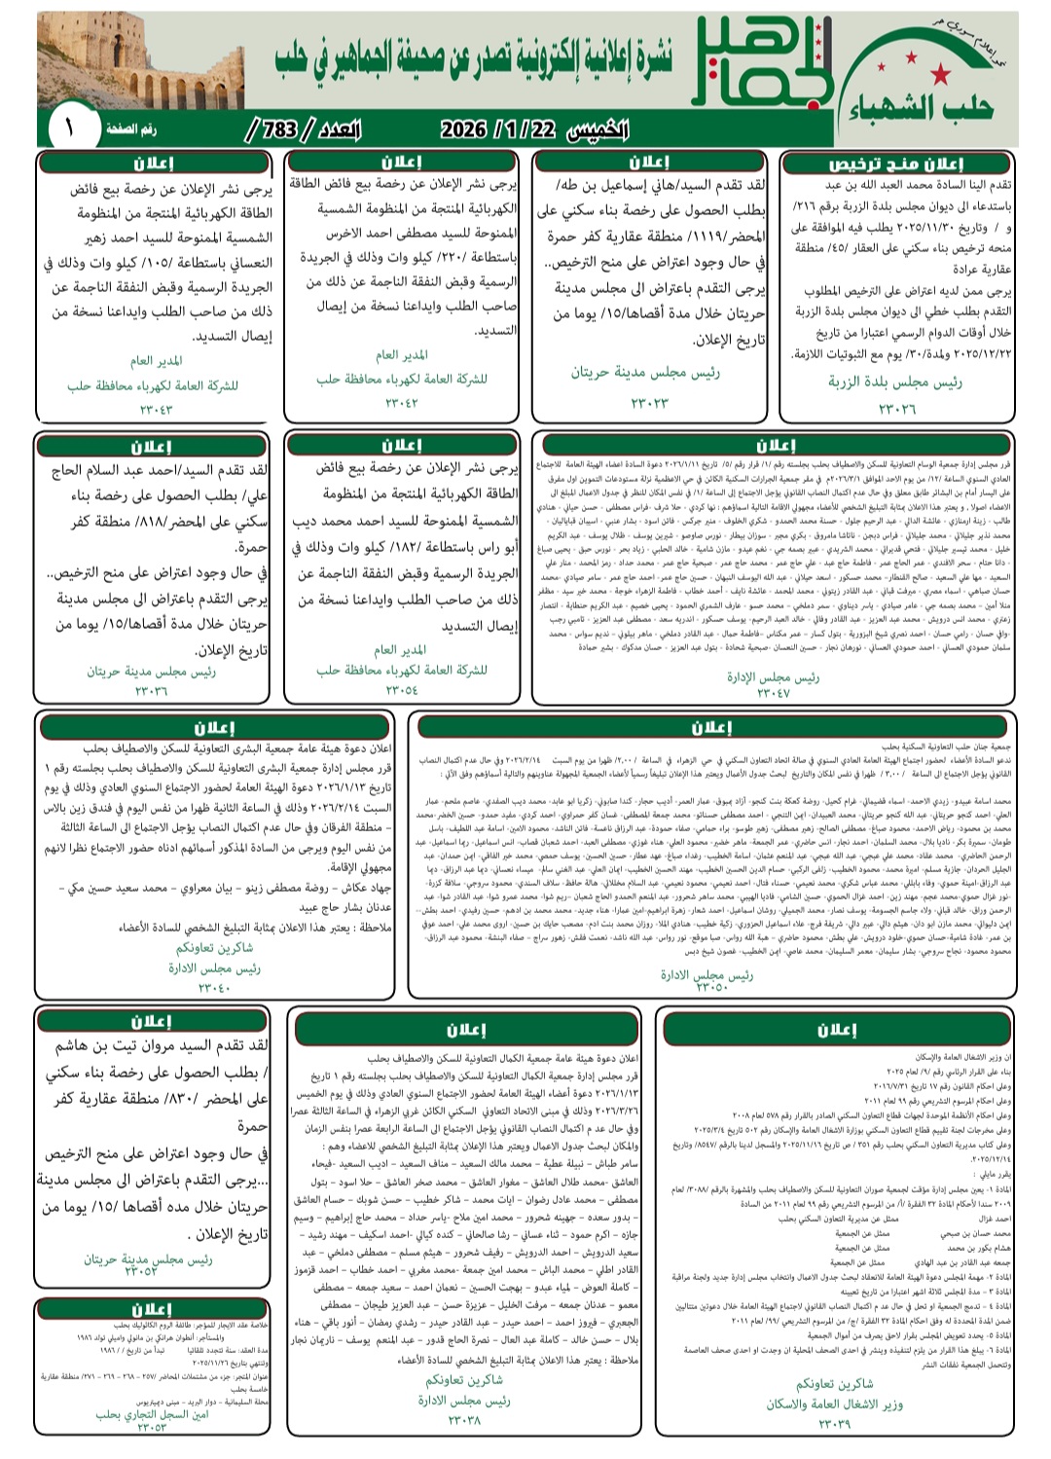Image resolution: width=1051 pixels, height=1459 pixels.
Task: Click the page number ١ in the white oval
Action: (69, 128)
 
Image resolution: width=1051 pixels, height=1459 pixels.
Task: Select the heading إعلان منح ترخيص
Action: (895, 164)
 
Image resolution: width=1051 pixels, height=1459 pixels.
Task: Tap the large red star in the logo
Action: (941, 74)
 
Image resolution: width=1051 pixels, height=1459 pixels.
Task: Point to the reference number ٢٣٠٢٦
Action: (896, 409)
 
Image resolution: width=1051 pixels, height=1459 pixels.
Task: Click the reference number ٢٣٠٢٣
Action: (649, 402)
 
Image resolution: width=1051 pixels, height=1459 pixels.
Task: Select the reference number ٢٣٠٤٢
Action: (402, 403)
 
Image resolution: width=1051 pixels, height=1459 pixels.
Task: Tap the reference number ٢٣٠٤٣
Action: (154, 410)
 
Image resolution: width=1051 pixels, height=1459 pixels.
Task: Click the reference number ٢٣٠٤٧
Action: (774, 694)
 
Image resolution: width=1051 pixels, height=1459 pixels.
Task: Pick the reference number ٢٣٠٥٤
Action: (401, 690)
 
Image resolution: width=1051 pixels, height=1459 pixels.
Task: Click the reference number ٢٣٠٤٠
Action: (214, 988)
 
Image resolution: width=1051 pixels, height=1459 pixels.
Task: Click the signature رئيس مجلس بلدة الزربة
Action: (895, 383)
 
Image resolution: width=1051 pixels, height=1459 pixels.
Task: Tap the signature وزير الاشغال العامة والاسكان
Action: (834, 1404)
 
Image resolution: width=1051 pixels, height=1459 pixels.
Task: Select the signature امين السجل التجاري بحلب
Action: (153, 1414)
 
